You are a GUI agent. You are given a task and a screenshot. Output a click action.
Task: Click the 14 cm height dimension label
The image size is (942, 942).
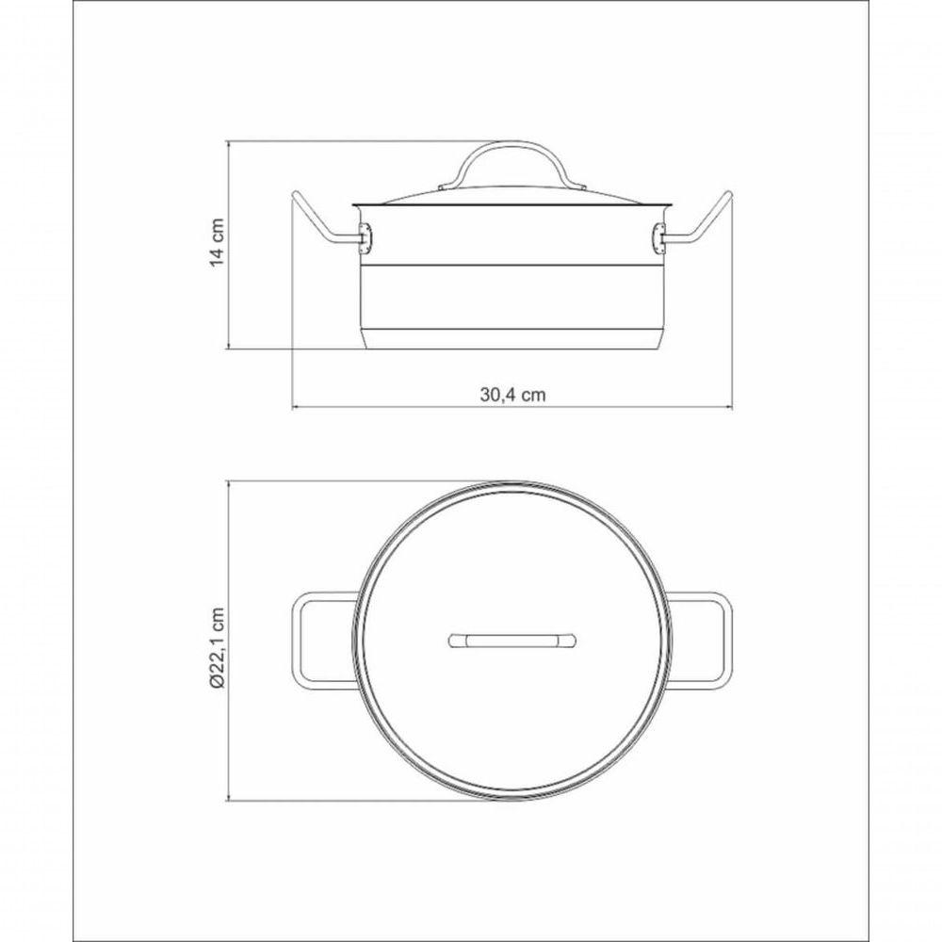pyautogui.click(x=218, y=242)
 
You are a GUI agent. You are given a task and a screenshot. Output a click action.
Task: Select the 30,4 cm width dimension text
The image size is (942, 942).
pyautogui.click(x=512, y=395)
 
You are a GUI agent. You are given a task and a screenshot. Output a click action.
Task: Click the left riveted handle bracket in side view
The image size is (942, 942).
pyautogui.click(x=365, y=239)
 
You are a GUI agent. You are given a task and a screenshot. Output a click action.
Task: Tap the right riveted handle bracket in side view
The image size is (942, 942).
pyautogui.click(x=659, y=239)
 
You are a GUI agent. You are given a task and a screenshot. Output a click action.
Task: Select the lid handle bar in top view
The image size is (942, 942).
pyautogui.click(x=512, y=641)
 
